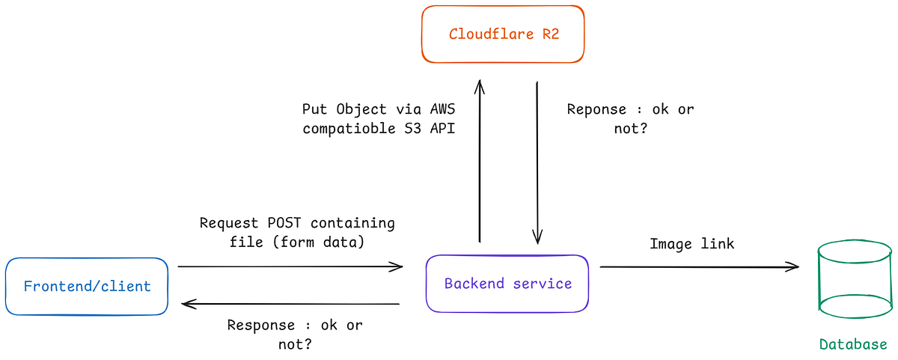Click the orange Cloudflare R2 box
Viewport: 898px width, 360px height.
[x=503, y=34]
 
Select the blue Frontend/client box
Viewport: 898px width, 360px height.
[x=87, y=286]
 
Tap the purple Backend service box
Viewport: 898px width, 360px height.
[x=507, y=284]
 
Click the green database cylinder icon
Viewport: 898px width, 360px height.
[x=855, y=278]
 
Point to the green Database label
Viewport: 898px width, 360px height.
[x=853, y=344]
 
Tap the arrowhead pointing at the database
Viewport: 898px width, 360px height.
[x=793, y=266]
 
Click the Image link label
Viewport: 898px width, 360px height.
[x=691, y=244]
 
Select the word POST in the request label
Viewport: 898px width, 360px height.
[x=284, y=223]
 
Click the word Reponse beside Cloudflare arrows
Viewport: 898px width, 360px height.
[x=596, y=109]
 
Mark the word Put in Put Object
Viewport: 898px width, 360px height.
[x=314, y=109]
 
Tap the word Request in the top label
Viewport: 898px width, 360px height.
[x=229, y=223]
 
